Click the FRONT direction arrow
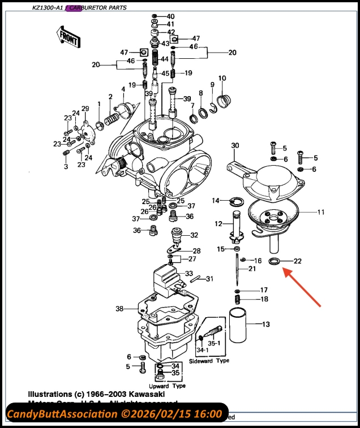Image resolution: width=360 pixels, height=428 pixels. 69,40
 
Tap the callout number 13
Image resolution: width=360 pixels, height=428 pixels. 265,324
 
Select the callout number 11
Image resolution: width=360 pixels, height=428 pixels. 320,213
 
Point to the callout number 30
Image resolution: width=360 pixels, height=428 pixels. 235,146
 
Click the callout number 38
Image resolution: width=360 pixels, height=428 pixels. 119,309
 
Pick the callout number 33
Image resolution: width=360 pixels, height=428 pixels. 189,273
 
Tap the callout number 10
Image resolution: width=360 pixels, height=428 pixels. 222,78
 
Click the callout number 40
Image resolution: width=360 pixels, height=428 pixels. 170,16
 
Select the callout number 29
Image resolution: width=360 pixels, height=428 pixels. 85,109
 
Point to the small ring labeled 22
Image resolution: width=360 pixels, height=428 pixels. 275,261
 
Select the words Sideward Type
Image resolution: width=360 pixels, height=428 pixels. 209,360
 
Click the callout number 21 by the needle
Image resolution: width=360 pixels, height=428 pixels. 251,269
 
